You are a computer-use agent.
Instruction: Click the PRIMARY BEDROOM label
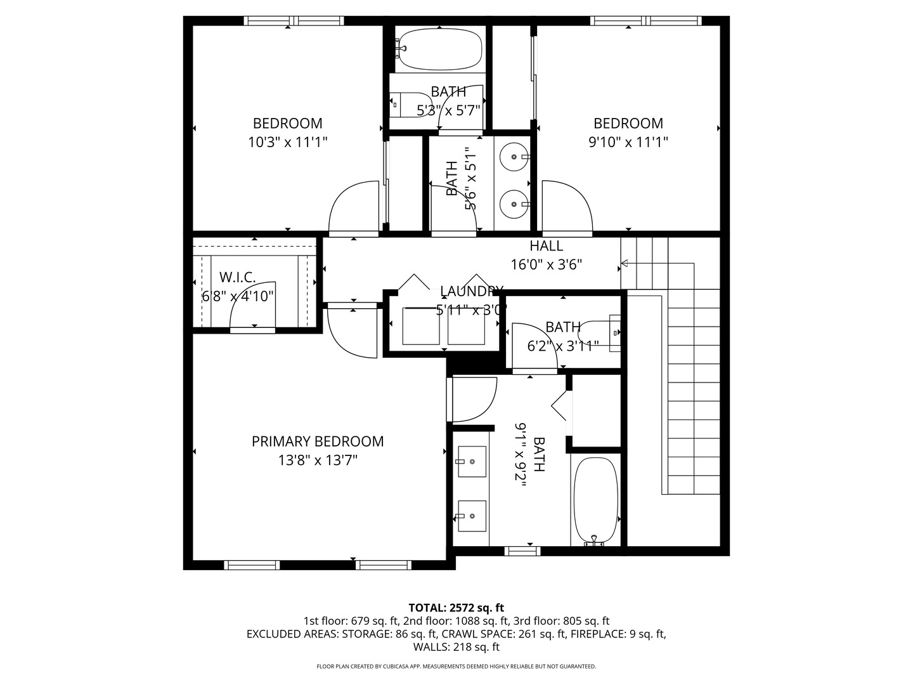[318, 441]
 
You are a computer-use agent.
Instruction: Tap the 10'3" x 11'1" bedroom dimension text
[287, 142]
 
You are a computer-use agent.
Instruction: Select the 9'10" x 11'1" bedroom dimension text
[628, 142]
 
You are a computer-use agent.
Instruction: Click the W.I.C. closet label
[238, 277]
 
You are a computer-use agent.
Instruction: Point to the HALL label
[546, 246]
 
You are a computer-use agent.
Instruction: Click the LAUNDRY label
[471, 291]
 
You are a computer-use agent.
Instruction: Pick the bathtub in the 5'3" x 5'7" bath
[440, 49]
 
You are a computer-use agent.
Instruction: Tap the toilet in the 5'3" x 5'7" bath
[409, 105]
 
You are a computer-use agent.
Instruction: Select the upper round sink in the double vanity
[513, 155]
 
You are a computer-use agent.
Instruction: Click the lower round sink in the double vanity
[513, 204]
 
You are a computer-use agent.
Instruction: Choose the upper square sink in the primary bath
[471, 461]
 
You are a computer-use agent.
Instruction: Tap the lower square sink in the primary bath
[471, 516]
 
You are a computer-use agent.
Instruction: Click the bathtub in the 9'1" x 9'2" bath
[595, 501]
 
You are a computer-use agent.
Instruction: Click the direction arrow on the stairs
[625, 263]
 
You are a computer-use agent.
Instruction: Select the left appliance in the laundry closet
[421, 326]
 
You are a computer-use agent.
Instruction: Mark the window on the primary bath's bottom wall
[522, 550]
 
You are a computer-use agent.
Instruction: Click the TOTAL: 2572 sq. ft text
[456, 608]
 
